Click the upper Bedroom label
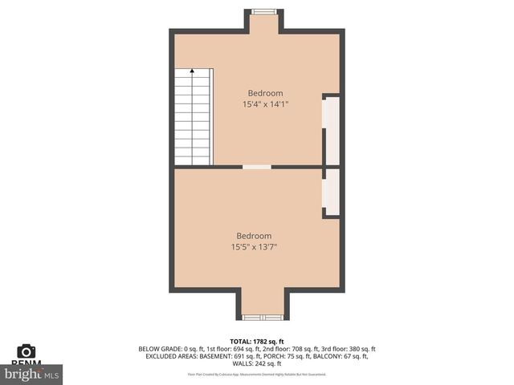(264, 93)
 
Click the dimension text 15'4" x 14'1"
(264, 103)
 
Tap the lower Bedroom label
(253, 236)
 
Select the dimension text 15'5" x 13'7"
(253, 246)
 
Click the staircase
(193, 117)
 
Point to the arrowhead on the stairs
(192, 71)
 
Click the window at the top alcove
(264, 12)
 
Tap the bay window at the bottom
(259, 316)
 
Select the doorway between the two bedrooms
(257, 167)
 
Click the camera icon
(27, 351)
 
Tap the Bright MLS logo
(32, 373)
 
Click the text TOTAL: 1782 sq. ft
(256, 342)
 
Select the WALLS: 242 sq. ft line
(256, 363)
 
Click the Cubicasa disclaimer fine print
(256, 374)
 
